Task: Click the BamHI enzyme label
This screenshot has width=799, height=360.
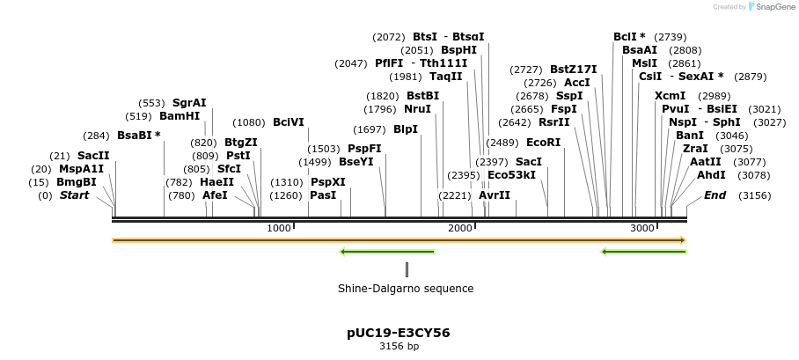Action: (180, 116)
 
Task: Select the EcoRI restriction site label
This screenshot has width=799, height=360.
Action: (543, 142)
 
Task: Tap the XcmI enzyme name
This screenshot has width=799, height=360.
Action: (670, 96)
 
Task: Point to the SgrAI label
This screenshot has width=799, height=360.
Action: (189, 103)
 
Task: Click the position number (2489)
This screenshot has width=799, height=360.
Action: (503, 142)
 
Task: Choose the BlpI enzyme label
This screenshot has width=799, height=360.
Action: (406, 129)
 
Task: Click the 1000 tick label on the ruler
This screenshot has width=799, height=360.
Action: (278, 228)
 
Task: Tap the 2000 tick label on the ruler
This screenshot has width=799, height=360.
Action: (460, 228)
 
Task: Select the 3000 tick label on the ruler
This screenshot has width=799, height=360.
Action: (642, 228)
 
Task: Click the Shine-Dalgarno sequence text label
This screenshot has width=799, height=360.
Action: (406, 288)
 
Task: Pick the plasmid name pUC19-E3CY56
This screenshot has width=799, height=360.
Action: (399, 333)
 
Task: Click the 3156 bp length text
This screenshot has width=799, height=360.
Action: (399, 347)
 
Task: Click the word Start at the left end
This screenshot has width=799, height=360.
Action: (75, 195)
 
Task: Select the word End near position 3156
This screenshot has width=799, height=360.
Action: (715, 195)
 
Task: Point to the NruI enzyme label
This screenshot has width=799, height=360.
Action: (418, 109)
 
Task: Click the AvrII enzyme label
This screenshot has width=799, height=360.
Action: (495, 195)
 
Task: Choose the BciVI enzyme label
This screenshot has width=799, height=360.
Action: (289, 122)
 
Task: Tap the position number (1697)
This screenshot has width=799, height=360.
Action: (369, 129)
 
